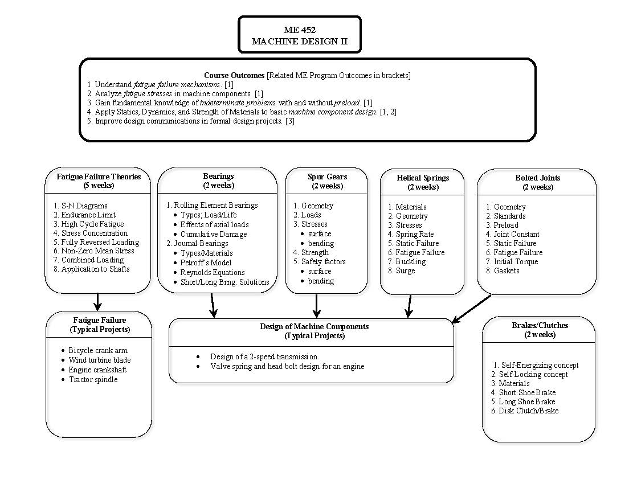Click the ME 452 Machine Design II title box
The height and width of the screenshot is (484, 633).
tap(299, 35)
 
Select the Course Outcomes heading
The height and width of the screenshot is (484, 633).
tap(234, 75)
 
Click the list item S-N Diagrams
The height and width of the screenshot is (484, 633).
tap(84, 206)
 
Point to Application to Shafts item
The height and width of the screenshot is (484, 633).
tap(95, 269)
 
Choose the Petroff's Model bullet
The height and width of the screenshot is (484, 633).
tap(206, 262)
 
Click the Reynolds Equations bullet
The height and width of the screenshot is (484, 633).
tap(213, 272)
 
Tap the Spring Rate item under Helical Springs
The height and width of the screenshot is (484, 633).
tap(414, 234)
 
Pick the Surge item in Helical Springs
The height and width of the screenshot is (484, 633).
tap(405, 270)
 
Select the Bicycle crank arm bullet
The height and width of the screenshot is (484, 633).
tap(98, 350)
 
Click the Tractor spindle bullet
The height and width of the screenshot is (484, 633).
tap(93, 379)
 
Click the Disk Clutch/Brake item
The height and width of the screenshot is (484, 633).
tap(528, 411)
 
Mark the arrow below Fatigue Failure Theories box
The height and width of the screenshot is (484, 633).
tap(97, 302)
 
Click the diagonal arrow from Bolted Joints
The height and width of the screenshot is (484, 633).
tap(472, 309)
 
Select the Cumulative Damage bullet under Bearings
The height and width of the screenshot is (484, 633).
tap(214, 234)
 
